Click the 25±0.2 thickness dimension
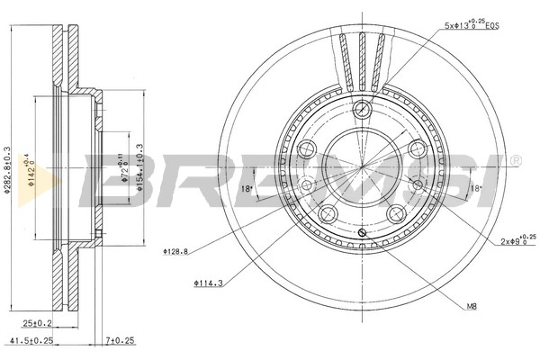37,322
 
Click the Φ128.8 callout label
177,251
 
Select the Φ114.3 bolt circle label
208,284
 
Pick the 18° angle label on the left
247,188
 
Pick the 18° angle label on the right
476,188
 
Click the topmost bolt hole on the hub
362,111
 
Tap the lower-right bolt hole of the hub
396,212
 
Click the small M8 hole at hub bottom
361,234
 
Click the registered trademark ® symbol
516,161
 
